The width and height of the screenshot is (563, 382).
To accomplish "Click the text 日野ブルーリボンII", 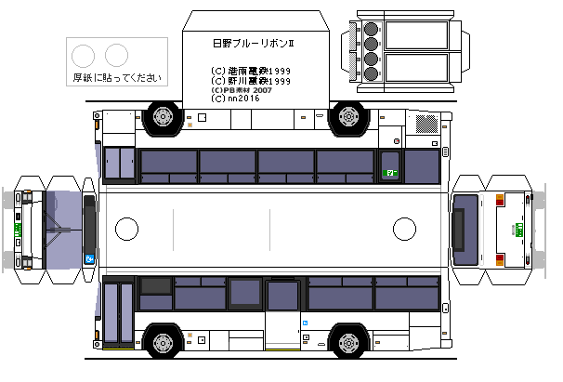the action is coord(254,43).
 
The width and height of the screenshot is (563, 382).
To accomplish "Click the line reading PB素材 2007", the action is coord(242,89).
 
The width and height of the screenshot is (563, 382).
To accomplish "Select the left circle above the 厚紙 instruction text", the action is coord(84,55).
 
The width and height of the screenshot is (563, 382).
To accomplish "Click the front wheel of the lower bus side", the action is coord(164,343).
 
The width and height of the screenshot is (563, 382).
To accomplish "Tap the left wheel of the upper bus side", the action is coord(164,116).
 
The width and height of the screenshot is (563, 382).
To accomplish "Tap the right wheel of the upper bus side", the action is coord(348,116).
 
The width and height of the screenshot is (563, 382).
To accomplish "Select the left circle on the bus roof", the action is coord(125,228).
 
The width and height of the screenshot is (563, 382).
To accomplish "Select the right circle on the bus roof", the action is coord(404,228).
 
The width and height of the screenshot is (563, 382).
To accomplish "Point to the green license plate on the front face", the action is coord(18,229).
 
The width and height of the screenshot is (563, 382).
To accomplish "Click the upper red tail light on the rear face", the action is coord(500,200).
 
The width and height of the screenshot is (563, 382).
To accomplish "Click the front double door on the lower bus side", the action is coord(118,316).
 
